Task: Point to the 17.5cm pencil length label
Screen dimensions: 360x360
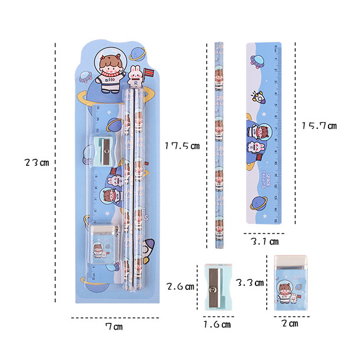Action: coord(182,146)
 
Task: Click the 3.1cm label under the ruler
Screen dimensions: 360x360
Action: coord(265,242)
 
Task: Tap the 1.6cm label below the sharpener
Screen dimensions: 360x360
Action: coord(217,324)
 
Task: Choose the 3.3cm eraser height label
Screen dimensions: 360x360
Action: coord(249,283)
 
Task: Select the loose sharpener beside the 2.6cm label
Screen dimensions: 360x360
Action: coord(218,287)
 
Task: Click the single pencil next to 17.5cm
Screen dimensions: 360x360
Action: coord(217,146)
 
